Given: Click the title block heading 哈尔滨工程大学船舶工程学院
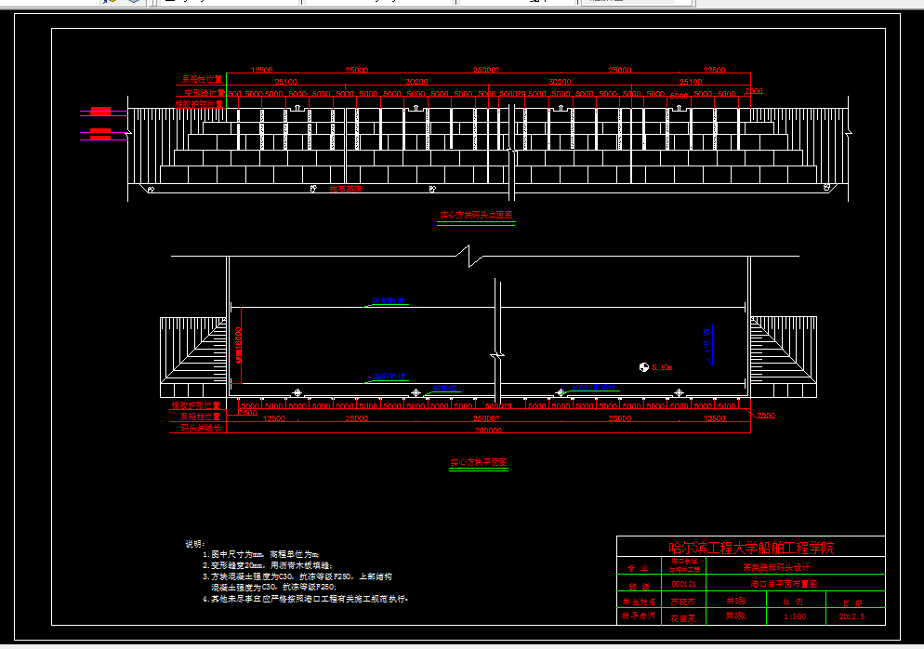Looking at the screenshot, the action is coord(751,548).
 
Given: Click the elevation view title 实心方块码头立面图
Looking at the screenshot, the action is coord(476,216).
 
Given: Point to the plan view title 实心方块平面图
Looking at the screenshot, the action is coord(478,462).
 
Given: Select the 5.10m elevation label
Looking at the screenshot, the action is coord(661,367).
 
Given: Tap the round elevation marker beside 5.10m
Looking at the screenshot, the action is coord(643,367).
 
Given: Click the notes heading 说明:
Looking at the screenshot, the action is coord(194,543).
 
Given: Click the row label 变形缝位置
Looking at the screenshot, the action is coord(203,93).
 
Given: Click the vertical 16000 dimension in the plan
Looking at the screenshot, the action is coord(239,344).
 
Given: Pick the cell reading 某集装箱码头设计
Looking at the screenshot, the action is coord(775,566).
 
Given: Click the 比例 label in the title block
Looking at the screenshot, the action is coord(794,601).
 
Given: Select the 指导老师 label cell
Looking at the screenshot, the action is coord(639,616).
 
